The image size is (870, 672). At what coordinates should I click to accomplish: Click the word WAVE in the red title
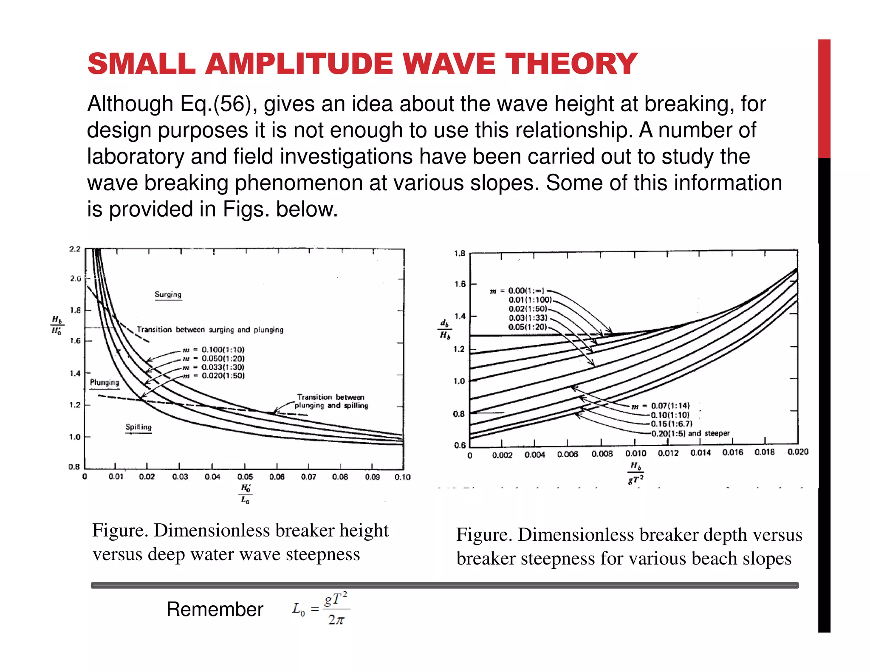(x=449, y=64)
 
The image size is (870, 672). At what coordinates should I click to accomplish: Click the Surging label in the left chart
(x=168, y=294)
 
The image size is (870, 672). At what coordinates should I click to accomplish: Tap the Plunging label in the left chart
(x=105, y=382)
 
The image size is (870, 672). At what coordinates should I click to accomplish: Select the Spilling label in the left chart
(x=138, y=427)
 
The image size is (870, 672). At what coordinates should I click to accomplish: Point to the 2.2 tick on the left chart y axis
(x=75, y=249)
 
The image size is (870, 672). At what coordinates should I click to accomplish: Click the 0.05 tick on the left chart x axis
(x=245, y=477)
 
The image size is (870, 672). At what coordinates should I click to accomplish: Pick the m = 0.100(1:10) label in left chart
(x=214, y=350)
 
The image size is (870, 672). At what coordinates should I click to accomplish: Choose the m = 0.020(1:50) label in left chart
(x=214, y=376)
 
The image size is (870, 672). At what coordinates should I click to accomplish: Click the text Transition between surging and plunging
(x=210, y=330)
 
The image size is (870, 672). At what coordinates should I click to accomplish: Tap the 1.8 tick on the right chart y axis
(x=460, y=254)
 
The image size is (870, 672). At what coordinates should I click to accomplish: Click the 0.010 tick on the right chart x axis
(x=636, y=454)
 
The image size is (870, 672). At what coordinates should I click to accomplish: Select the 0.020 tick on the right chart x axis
(x=797, y=452)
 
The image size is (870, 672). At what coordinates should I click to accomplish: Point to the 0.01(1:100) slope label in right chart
(x=530, y=300)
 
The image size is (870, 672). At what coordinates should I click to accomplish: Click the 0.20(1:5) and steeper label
(x=690, y=433)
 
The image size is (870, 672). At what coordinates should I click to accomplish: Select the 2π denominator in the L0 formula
(x=336, y=620)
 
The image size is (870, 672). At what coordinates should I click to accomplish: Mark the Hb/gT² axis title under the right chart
(x=636, y=473)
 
